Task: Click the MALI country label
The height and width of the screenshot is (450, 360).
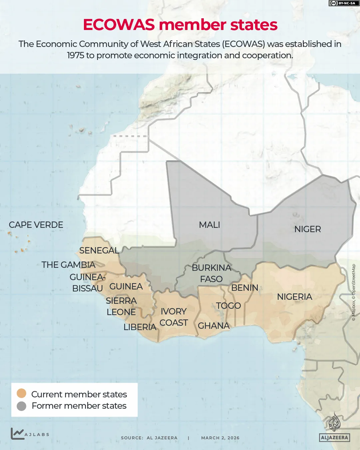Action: [209, 225]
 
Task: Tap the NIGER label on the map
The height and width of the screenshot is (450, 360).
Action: [308, 229]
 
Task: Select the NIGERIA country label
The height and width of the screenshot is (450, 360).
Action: [294, 297]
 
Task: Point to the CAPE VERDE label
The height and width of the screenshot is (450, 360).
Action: [36, 225]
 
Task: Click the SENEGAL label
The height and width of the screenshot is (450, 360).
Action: [99, 250]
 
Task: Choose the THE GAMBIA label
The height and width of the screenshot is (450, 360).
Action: [68, 265]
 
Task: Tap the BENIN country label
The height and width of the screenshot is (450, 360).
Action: [245, 288]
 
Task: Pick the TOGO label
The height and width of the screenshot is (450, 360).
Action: [228, 306]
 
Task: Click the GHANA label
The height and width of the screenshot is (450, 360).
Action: [213, 326]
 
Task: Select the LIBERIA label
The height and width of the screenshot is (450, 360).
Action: [140, 327]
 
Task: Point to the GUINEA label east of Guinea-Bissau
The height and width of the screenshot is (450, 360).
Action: [126, 286]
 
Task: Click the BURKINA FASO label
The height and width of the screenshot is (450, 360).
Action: [211, 273]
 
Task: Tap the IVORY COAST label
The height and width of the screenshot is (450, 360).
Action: [174, 317]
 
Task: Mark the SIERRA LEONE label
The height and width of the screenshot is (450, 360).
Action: [121, 306]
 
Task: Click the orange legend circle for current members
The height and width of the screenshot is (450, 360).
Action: [22, 393]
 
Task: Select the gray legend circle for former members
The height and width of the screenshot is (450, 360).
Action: [22, 406]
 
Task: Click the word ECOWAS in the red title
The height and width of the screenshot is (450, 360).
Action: [119, 25]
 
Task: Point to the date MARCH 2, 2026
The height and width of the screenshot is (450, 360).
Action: [220, 438]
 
